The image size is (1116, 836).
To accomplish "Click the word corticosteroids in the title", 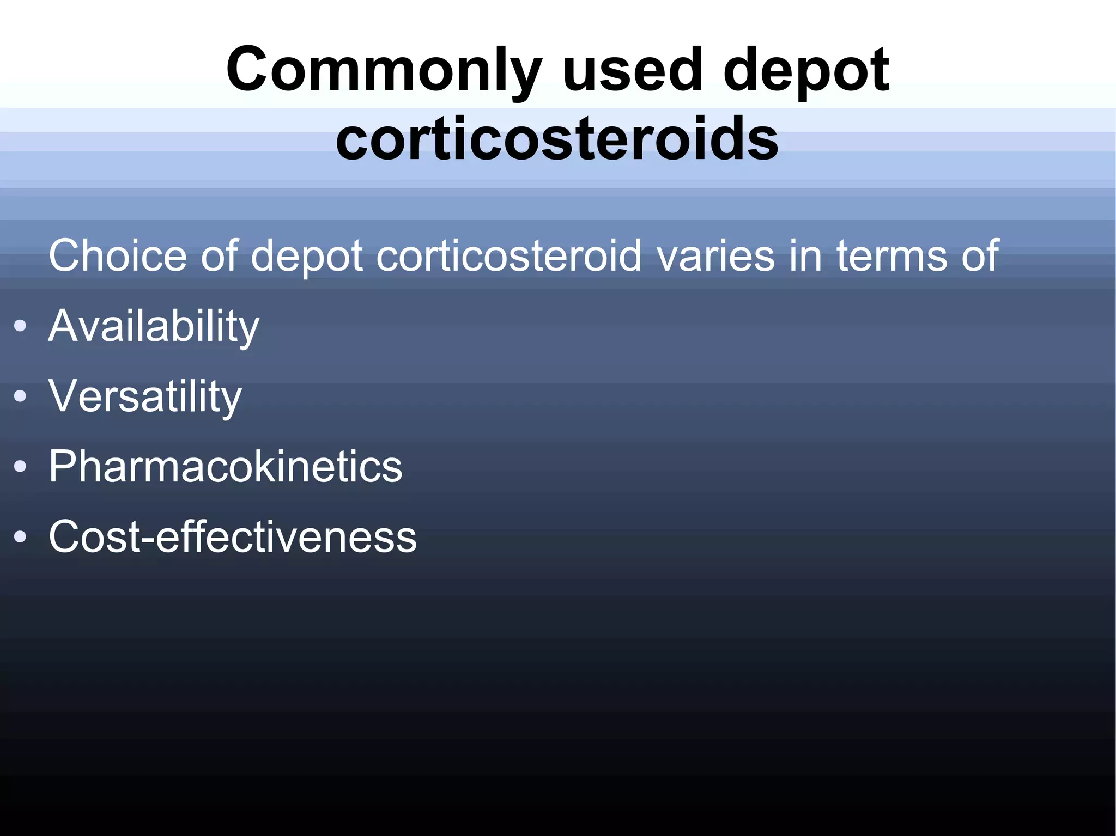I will [557, 139].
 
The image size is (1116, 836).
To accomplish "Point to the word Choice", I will [118, 255].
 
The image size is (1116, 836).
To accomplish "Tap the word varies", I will [715, 255].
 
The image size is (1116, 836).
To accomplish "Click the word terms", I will [892, 255].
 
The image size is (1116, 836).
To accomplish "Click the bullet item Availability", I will [154, 327].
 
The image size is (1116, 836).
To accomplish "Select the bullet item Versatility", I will [145, 397].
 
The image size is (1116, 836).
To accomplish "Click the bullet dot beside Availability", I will [20, 326].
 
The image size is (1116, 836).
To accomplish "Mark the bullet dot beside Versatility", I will [20, 396].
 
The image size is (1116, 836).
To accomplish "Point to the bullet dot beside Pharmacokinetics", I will [20, 467].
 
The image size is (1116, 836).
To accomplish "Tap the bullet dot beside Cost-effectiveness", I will [20, 537].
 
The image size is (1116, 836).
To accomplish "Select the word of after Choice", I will [219, 255].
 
